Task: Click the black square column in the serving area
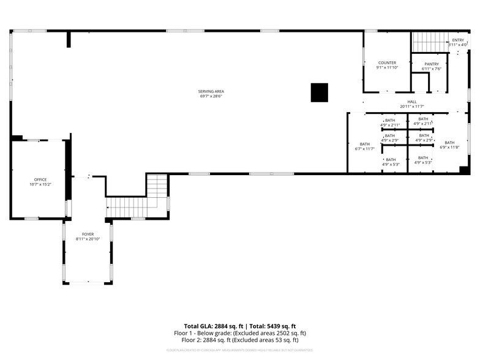pos(320,92)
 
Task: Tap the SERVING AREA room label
pos(211,91)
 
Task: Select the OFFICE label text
pos(40,179)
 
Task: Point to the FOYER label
pos(88,234)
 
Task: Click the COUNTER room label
pos(387,62)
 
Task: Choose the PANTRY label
pos(432,64)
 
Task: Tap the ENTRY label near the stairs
pos(459,40)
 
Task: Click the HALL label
pos(412,102)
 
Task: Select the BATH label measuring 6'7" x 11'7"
pos(365,144)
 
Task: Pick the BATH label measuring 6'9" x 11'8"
pos(449,142)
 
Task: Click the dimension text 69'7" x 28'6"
pos(211,96)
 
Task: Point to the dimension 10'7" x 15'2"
pos(40,184)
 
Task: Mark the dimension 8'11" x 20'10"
pos(88,239)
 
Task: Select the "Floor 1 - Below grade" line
pos(239,333)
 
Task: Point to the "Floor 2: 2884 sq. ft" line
pos(239,340)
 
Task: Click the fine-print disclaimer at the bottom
pos(239,350)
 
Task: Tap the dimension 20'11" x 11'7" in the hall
pos(412,107)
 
